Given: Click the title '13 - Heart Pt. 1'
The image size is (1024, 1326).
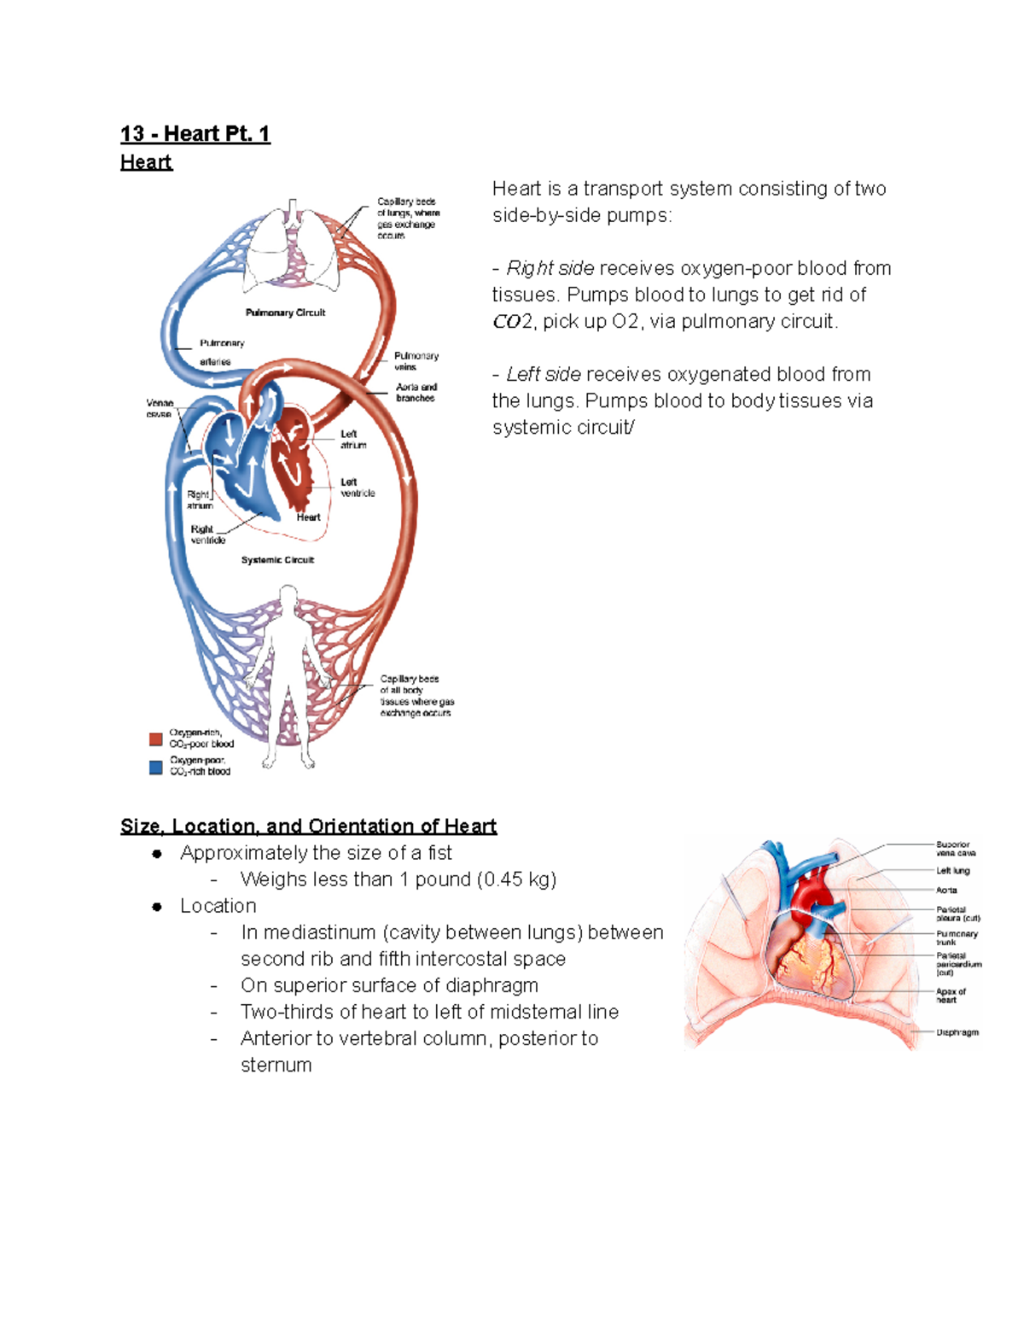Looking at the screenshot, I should click(195, 134).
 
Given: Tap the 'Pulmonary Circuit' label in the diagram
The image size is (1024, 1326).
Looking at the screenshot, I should click(285, 313).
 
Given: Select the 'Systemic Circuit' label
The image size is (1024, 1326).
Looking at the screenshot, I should click(277, 560).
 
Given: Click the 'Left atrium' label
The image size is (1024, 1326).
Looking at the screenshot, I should click(352, 439).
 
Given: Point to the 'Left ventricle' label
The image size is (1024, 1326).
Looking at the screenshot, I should click(357, 488).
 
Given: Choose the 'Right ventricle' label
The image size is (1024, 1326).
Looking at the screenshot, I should click(207, 534).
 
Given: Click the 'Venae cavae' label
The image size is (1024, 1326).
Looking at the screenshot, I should click(160, 408).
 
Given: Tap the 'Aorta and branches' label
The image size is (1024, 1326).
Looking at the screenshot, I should click(416, 393).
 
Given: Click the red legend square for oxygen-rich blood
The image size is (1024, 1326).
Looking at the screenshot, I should click(156, 739).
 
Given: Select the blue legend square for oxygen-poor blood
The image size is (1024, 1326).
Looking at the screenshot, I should click(156, 767).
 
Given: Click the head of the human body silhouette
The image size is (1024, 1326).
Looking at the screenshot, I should click(289, 596).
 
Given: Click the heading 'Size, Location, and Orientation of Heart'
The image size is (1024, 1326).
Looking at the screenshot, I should click(308, 827).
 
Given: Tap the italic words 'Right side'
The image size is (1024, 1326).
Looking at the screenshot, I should click(550, 269).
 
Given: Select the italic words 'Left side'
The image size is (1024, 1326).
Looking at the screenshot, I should click(544, 375).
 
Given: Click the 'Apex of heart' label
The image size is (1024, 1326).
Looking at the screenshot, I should click(950, 996).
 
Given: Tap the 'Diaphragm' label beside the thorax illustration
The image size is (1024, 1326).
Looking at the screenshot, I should click(957, 1032).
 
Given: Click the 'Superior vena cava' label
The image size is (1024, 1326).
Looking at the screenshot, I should click(955, 849).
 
